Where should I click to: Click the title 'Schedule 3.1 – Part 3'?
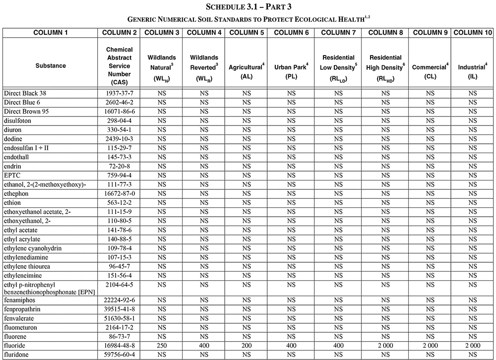248,7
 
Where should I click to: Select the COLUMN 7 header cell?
338,33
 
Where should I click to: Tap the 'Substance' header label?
51,65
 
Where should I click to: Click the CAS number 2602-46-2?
119,102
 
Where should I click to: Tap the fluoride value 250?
162,346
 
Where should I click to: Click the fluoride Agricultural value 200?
246,346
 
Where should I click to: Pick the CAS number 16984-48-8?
119,346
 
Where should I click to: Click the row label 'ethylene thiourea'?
28,266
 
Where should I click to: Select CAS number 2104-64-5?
119,285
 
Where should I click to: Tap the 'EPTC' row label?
13,175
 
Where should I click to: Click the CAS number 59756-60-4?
119,355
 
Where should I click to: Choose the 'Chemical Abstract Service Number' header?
119,65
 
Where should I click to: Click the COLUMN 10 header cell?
473,33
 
